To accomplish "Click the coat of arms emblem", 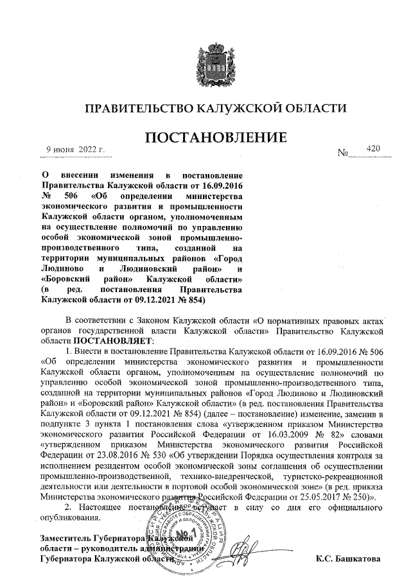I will (216, 58).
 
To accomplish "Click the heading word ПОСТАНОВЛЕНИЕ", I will (214, 137).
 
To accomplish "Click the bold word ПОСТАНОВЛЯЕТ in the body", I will (114, 340).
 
